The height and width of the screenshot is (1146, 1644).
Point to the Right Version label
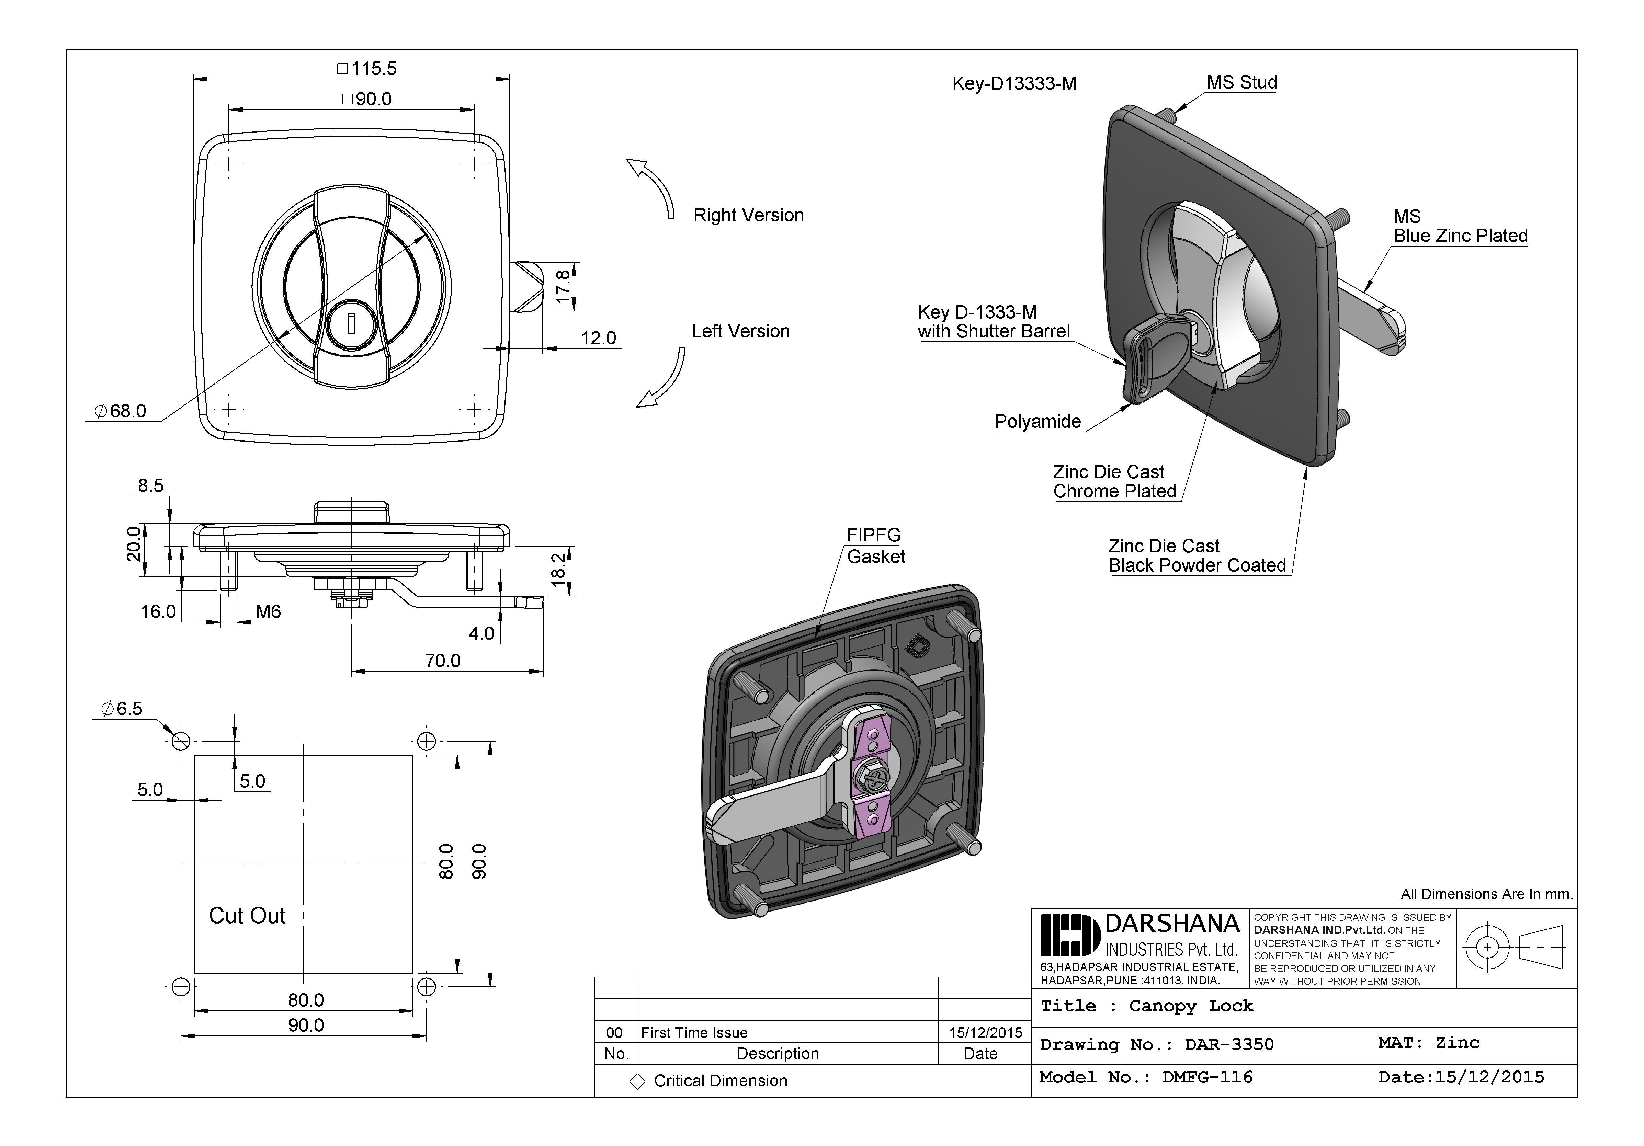pos(748,216)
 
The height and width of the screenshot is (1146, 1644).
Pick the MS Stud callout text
pos(1241,82)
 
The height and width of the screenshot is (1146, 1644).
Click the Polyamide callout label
pos(1038,422)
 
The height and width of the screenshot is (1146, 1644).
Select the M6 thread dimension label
pos(269,611)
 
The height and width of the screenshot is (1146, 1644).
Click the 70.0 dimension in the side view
pos(442,660)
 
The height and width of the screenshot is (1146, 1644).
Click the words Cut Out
pos(247,916)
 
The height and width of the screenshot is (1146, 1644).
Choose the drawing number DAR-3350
pos(1229,1044)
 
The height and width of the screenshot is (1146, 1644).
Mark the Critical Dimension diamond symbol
pos(637,1081)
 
